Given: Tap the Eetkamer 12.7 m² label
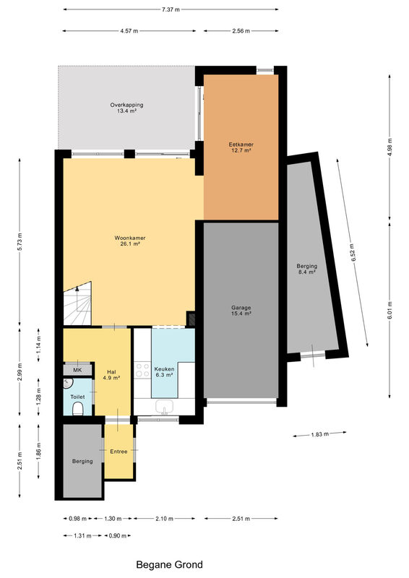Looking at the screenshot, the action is click(241, 147).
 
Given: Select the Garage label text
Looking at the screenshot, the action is click(241, 308).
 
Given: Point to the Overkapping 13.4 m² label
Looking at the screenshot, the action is click(126, 108).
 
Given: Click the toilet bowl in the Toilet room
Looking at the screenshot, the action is click(77, 409).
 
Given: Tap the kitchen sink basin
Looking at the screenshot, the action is click(165, 407).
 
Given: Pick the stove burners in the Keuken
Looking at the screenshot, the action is click(142, 370).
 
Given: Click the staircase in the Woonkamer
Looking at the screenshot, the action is click(77, 303).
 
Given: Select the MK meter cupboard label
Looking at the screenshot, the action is click(77, 370).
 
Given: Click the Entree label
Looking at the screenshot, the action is click(119, 452).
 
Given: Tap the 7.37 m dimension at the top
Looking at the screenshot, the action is click(171, 9).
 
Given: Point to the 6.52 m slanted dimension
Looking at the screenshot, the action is click(353, 253).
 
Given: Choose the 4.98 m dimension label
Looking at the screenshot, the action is click(389, 147).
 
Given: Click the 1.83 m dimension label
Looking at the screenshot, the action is click(319, 434).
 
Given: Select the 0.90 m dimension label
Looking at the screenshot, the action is click(118, 535).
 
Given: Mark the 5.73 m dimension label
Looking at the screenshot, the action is click(20, 242).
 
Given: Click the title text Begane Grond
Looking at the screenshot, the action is click(169, 565).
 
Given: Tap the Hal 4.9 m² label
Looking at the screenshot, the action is click(111, 375).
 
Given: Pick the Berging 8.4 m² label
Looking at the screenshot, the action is click(307, 269).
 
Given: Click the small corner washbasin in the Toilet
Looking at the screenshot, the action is click(67, 384).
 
